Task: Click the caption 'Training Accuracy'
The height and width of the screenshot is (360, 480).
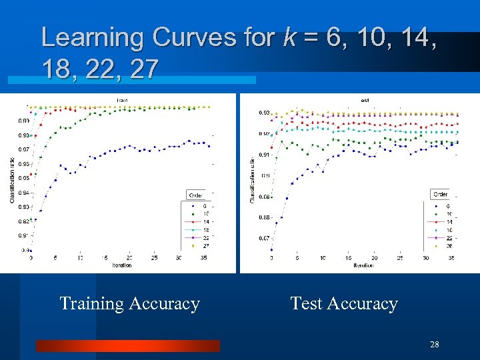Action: [129, 304]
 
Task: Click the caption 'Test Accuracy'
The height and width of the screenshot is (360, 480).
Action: [343, 304]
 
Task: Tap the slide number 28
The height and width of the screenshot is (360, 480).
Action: [435, 345]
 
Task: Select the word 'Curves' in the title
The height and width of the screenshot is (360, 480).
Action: [193, 37]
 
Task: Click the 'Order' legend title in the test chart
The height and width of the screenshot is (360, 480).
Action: [441, 194]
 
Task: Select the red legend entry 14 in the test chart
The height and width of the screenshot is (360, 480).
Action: [448, 222]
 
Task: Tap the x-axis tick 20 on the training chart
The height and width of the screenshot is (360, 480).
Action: [129, 258]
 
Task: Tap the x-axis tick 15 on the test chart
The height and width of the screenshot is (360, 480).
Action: [348, 258]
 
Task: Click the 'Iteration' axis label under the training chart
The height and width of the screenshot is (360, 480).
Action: [122, 265]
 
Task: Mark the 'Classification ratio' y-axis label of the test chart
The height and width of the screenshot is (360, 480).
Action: [252, 180]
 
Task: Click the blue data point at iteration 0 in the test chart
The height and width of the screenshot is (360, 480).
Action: [271, 249]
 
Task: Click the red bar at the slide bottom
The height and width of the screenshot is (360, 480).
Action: [127, 345]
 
